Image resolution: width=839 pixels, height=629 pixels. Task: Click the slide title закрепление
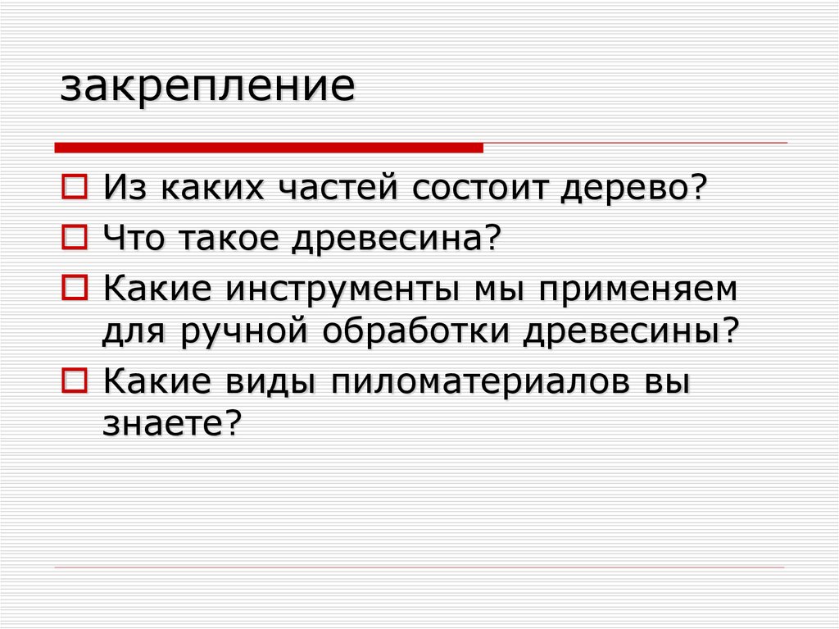pos(207,87)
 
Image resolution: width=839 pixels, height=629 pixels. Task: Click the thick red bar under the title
pos(269,147)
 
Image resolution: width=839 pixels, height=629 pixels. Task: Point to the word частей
pos(338,189)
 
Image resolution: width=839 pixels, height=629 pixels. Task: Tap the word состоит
pos(480,189)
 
